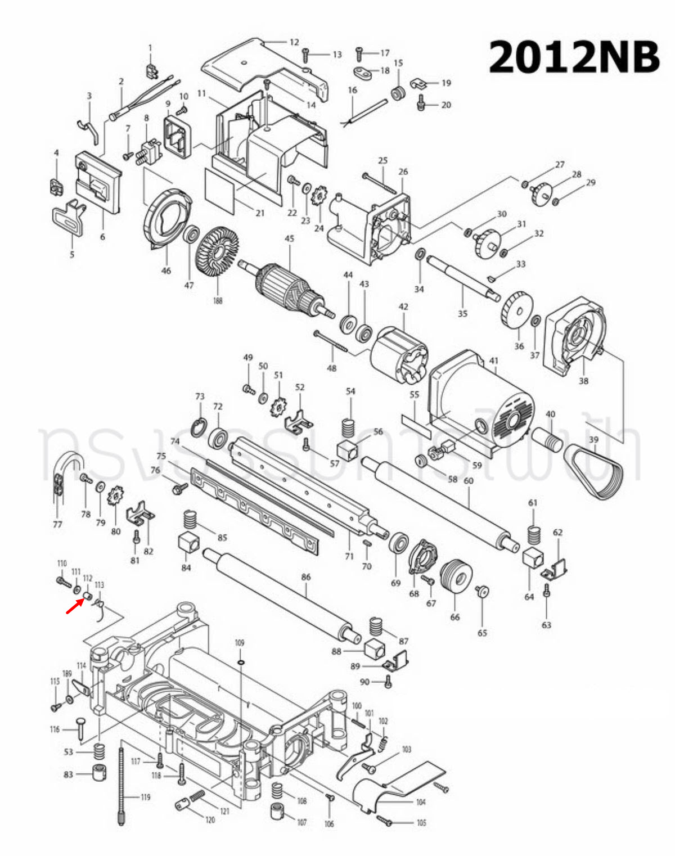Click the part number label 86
coord(305,577)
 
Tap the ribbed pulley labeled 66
coord(456,578)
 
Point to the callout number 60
coord(468,481)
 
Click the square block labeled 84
coord(188,543)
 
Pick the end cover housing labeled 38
coord(576,337)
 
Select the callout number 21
coord(260,213)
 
